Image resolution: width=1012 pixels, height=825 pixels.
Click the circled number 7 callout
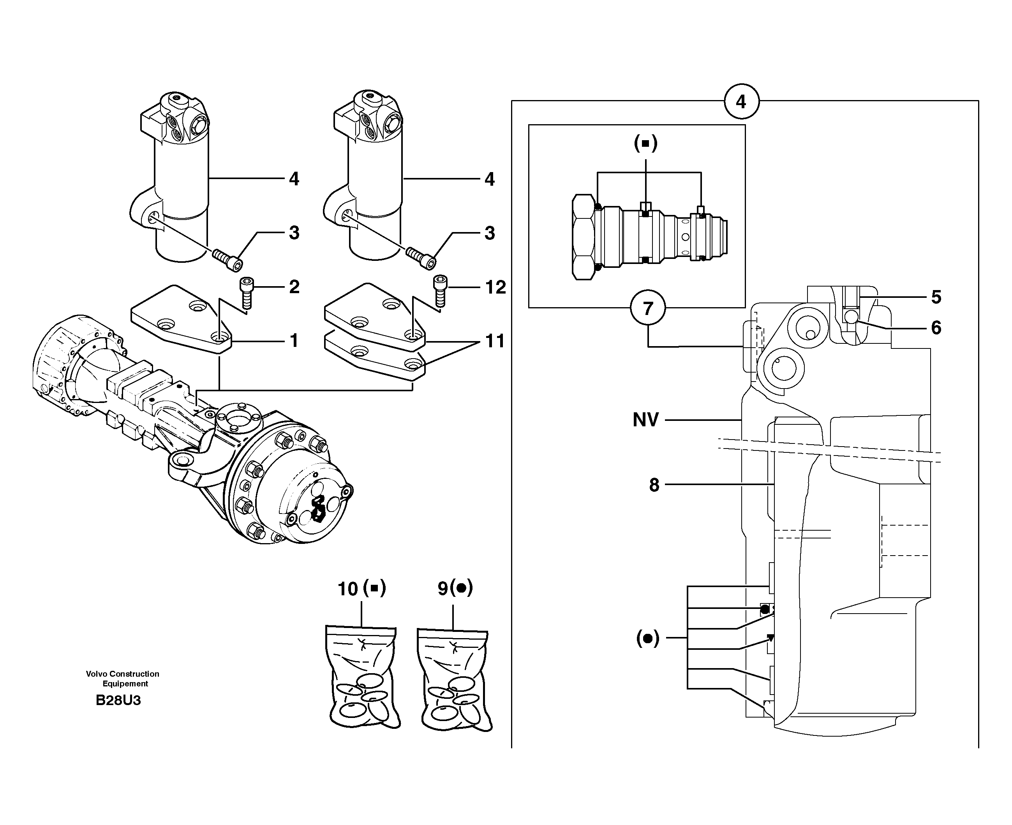647,308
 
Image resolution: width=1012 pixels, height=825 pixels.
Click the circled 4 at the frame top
741,102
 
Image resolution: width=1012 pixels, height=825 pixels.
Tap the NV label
645,420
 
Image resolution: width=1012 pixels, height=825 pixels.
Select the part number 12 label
495,287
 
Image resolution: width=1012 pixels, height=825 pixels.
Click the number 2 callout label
294,287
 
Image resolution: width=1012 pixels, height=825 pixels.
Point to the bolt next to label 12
440,290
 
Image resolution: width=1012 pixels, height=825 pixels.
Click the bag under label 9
455,679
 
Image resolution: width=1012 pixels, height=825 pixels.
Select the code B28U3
118,700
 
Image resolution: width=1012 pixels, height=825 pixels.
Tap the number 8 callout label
654,485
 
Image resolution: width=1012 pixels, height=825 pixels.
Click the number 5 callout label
936,297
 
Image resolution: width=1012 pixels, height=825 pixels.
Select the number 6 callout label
936,327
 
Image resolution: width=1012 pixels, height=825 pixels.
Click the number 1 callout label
294,340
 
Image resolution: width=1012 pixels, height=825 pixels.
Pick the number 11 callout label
495,341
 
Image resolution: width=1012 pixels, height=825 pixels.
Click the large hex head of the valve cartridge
583,237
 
